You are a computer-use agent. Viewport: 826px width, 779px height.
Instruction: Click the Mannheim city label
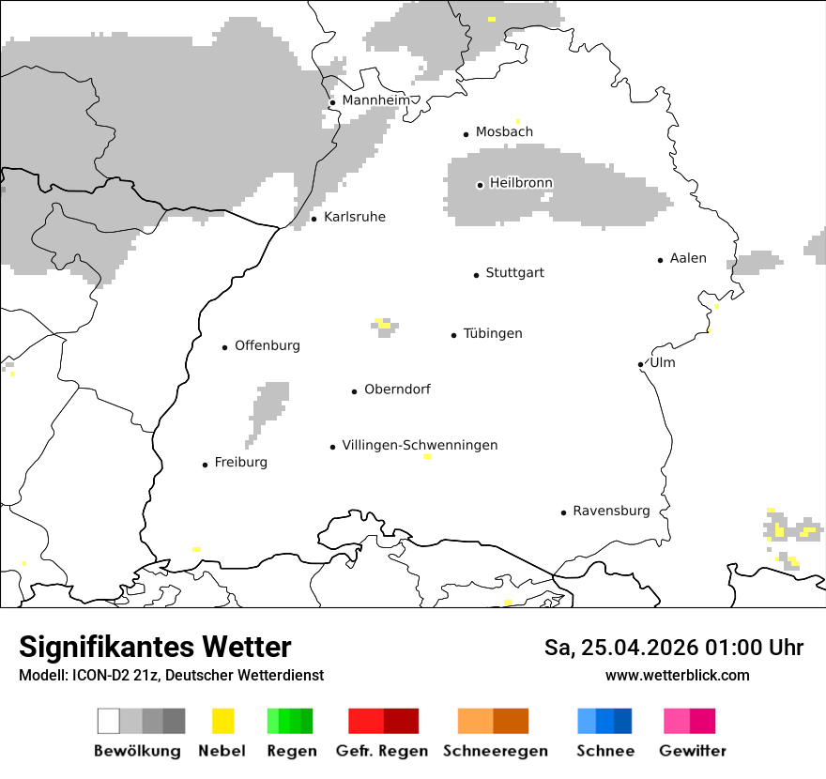[x=375, y=100]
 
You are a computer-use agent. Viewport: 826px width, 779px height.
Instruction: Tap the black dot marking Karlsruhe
[x=314, y=219]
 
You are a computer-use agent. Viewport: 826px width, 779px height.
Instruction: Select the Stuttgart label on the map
[x=514, y=273]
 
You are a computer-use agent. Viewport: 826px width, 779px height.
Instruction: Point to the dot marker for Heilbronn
[x=480, y=185]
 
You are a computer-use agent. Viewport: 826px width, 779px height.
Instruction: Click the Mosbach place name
[x=504, y=132]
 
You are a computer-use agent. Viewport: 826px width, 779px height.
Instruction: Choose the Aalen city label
[x=688, y=259]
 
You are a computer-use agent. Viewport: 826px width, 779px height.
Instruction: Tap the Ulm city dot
[x=640, y=364]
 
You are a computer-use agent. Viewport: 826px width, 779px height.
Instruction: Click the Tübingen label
[x=493, y=334]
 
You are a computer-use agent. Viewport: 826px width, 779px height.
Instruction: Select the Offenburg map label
[x=268, y=346]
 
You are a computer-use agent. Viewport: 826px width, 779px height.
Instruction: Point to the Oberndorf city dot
[x=355, y=391]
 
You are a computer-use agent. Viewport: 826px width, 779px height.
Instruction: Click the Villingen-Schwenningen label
[x=420, y=446]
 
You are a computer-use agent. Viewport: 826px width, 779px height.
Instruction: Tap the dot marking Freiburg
[x=205, y=465]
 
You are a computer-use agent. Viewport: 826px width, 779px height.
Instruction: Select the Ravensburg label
[x=611, y=512]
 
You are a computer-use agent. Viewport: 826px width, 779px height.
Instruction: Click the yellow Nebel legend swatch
[x=222, y=721]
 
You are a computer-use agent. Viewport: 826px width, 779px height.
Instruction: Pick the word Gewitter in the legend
[x=693, y=751]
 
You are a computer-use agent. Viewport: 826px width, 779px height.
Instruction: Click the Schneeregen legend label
[x=496, y=751]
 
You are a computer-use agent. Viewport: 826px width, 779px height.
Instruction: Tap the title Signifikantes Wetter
[x=155, y=648]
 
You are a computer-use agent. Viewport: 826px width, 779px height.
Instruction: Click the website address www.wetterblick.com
[x=677, y=676]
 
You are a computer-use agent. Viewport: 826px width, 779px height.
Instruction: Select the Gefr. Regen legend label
[x=382, y=751]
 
